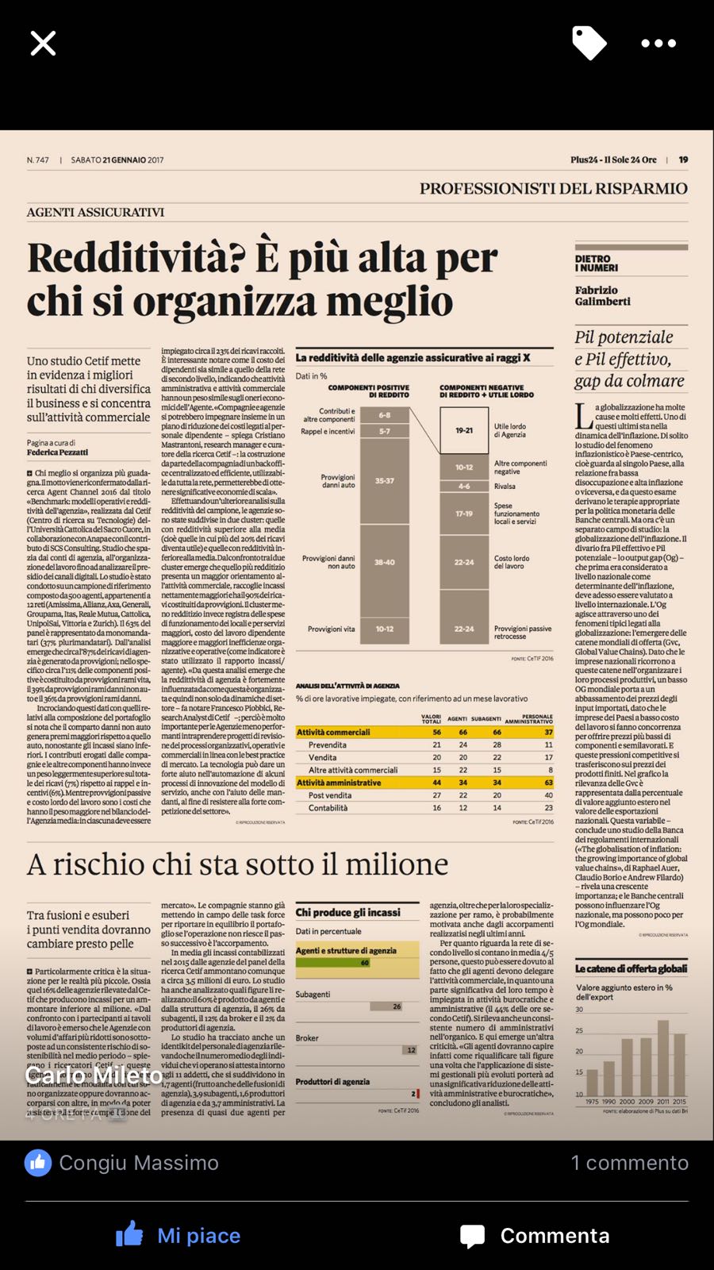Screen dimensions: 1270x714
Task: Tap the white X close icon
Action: [43, 44]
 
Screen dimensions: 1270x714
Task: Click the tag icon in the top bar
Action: [589, 43]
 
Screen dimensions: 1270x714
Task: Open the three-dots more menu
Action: [658, 44]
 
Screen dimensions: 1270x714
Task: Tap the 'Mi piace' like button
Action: [178, 1235]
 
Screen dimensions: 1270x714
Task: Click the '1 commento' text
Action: [630, 1163]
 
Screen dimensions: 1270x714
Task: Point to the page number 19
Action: [683, 160]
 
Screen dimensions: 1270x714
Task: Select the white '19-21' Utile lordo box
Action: [464, 430]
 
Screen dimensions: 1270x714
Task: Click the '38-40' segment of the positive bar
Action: [385, 562]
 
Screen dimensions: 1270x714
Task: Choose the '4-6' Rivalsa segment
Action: [464, 486]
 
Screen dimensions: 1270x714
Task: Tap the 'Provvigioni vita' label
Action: [332, 629]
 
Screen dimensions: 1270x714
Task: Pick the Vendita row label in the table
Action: [322, 757]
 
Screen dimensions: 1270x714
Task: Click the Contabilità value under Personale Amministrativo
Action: [548, 807]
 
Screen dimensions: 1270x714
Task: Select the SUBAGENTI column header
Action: [486, 719]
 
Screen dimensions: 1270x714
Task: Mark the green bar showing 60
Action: [333, 963]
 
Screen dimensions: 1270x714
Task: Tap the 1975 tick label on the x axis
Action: [592, 1102]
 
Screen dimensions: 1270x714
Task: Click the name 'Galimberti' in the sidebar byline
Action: [603, 302]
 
